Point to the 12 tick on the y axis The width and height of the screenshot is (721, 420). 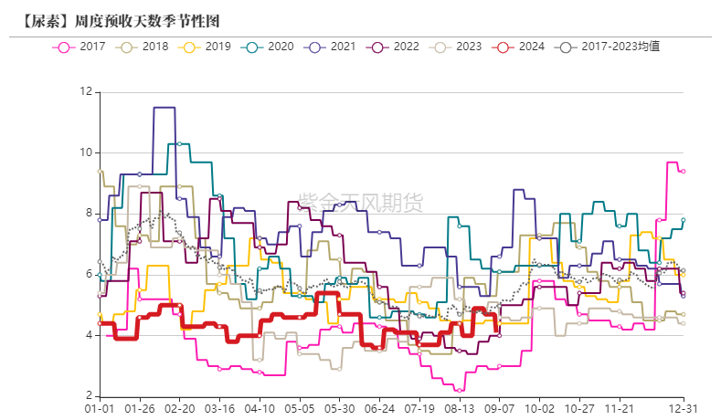(86, 91)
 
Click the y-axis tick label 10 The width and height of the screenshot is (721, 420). (86, 152)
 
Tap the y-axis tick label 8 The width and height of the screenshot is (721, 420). (88, 214)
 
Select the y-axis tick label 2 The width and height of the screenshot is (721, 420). (88, 396)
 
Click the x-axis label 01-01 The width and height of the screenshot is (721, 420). (100, 410)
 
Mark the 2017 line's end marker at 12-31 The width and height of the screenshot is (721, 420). (684, 171)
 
